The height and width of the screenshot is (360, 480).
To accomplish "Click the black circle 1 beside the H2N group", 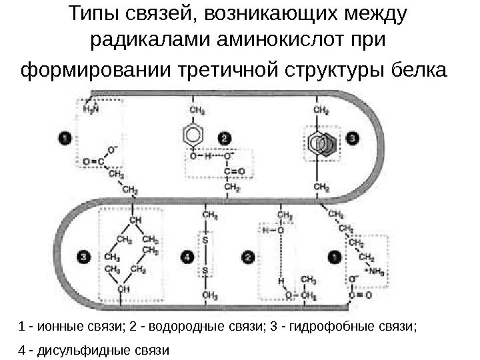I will (x=64, y=138).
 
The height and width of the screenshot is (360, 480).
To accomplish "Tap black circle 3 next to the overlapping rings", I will (x=353, y=138).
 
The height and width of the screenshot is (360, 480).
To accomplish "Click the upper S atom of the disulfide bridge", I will (x=205, y=239).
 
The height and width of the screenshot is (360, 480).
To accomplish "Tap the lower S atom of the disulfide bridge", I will (x=205, y=270).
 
